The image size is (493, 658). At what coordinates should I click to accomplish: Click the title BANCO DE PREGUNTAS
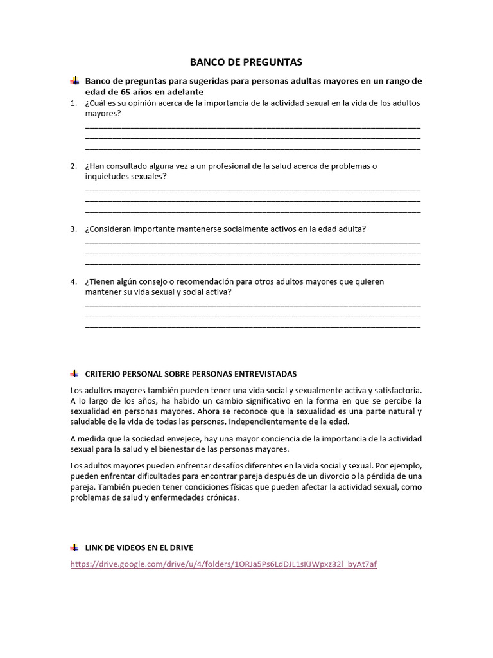click(x=246, y=62)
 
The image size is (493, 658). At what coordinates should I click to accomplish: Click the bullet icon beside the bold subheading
click(x=74, y=81)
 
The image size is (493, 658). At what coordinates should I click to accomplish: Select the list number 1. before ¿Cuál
click(x=74, y=103)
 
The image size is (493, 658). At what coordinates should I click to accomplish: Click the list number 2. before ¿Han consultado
click(x=74, y=166)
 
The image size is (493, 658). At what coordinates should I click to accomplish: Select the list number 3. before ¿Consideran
click(x=74, y=229)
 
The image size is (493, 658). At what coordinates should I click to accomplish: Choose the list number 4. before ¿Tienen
click(x=74, y=281)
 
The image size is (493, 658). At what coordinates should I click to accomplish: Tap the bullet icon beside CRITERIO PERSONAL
click(x=74, y=373)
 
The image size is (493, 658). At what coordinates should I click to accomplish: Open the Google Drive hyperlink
click(x=223, y=564)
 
